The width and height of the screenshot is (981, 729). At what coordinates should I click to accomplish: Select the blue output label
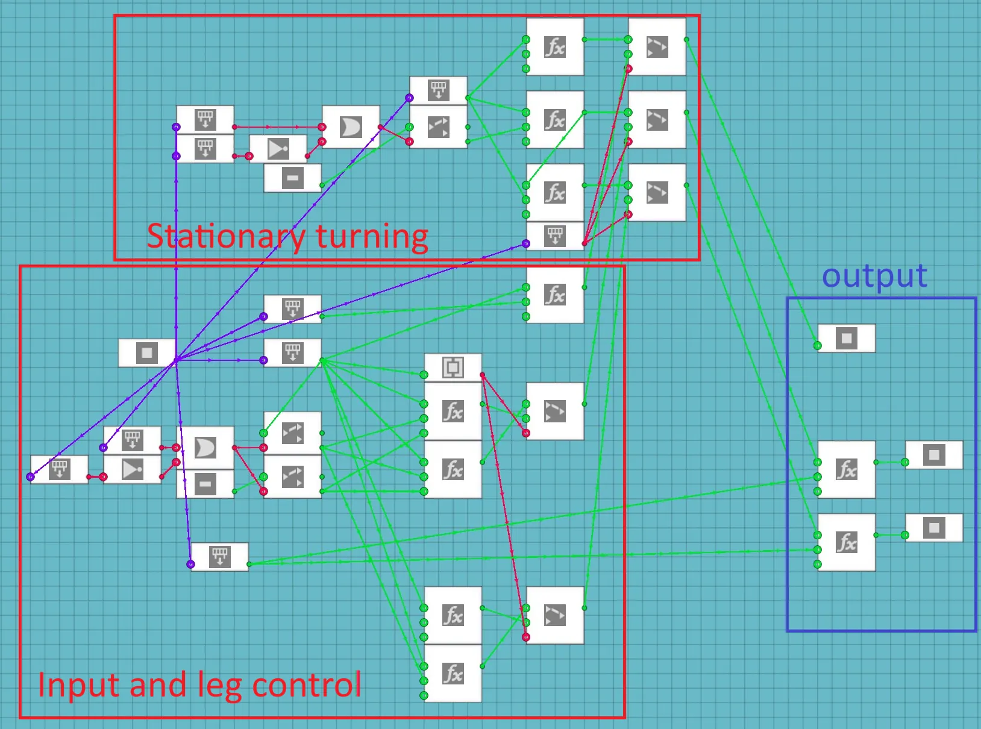874,277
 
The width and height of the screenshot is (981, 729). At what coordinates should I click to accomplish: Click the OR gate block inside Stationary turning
351,127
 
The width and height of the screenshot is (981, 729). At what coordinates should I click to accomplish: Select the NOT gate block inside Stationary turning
278,149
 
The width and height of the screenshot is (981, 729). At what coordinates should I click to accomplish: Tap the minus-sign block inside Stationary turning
292,178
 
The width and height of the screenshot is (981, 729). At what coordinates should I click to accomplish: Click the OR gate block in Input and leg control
205,448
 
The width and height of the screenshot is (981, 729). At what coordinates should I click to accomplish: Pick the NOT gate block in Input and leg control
132,469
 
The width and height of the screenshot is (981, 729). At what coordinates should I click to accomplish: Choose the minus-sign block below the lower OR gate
205,484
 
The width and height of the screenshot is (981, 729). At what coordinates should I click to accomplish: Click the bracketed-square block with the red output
453,367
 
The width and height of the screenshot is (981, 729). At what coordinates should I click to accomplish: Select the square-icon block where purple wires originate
146,353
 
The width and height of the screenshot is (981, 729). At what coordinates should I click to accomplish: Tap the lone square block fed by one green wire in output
846,338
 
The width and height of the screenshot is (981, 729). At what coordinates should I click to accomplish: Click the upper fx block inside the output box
846,469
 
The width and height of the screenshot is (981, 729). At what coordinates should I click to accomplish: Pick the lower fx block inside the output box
846,542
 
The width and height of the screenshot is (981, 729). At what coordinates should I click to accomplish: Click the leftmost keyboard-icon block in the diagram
59,469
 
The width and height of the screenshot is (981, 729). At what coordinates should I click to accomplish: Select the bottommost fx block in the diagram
453,673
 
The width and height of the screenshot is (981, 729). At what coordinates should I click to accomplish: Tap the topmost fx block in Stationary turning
554,46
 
